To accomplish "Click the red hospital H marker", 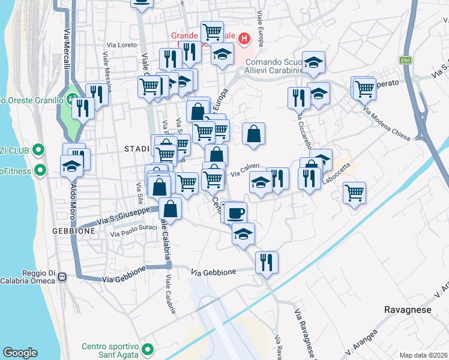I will [244, 40].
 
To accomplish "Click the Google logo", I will [20, 353].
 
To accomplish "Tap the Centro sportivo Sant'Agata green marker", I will [148, 348].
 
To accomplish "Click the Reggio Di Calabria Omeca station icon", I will [62, 277].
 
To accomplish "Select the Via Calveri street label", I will [245, 169].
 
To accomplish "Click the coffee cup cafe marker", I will [236, 211].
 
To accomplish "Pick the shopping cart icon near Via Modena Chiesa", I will [364, 88].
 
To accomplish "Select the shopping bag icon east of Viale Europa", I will [254, 134].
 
